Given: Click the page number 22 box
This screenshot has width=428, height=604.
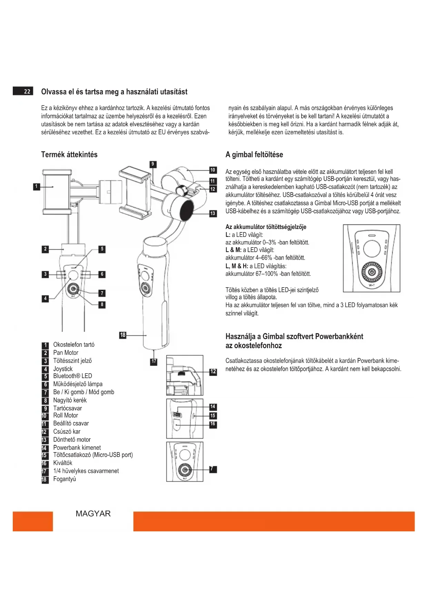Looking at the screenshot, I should [23, 91].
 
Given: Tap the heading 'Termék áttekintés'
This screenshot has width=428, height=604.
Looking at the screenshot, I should [69, 155].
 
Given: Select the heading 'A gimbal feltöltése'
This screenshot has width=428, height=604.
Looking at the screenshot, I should [254, 155].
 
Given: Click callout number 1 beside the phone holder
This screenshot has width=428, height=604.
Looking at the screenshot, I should [36, 187].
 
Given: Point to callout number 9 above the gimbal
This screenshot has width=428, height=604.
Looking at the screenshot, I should [153, 164].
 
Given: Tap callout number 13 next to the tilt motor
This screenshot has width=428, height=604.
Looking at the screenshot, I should [213, 214].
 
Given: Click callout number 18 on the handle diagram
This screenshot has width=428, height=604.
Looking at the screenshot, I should [123, 335].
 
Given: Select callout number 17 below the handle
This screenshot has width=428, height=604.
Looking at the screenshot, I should [154, 362].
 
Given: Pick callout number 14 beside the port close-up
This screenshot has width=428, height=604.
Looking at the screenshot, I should [213, 407].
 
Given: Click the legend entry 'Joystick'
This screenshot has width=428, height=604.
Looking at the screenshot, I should [63, 369].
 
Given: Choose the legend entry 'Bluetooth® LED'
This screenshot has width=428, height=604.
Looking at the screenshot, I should [72, 376].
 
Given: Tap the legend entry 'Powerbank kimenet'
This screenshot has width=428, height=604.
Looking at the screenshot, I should [77, 448].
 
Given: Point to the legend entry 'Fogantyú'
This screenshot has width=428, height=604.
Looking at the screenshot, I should [64, 479].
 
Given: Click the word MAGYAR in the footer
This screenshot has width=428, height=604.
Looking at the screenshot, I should [93, 514].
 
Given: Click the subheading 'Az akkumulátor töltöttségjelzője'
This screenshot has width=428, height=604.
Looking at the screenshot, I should [266, 227].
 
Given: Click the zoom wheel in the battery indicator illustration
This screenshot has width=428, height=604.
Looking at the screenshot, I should [371, 272].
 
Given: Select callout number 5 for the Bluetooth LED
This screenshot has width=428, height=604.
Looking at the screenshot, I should [102, 249].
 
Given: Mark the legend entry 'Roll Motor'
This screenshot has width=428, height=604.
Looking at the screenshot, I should [66, 416].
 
